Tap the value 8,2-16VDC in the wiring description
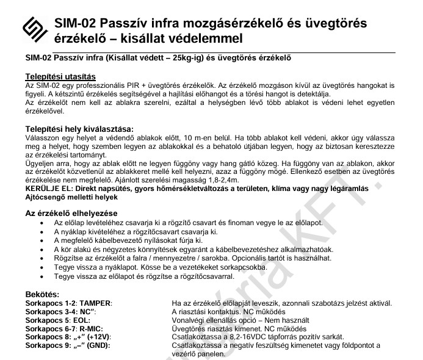(x=238, y=337)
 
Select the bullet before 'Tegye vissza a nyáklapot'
(x=40, y=268)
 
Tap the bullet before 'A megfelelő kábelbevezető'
(x=40, y=241)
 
